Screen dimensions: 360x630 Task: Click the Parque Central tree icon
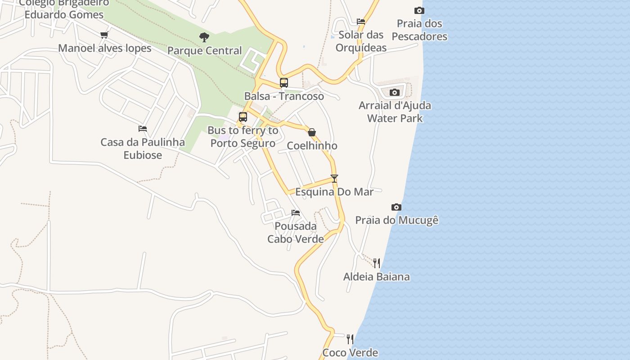(204, 37)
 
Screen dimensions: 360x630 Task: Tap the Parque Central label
(205, 51)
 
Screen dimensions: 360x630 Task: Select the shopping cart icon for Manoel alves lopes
(104, 35)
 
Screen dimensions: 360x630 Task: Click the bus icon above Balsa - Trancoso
(283, 83)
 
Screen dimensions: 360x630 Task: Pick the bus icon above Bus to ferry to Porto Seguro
(243, 117)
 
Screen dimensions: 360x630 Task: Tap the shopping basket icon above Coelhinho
(312, 132)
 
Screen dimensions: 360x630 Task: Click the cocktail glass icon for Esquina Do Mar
(334, 178)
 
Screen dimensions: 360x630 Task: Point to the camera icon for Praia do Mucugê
(396, 207)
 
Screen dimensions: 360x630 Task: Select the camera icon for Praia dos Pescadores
(419, 10)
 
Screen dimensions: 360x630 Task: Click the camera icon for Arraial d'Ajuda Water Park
(395, 92)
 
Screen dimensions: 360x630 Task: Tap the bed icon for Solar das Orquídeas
(361, 21)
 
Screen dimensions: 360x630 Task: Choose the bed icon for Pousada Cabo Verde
(296, 212)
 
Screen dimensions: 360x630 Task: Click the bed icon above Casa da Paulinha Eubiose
(143, 129)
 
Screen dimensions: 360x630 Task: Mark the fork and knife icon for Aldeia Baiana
(377, 263)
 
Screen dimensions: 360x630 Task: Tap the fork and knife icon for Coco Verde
(350, 339)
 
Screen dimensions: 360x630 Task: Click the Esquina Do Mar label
(334, 192)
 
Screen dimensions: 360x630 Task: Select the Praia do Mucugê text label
(397, 220)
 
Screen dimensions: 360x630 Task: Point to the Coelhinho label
(312, 146)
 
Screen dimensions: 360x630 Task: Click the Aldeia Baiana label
(377, 277)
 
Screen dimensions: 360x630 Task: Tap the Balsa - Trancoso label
(284, 96)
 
